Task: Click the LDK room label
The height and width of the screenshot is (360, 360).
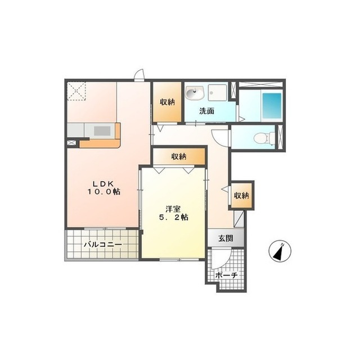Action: (x=103, y=183)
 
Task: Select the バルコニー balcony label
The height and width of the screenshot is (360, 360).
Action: (x=102, y=245)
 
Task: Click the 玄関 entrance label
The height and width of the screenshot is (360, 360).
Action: (x=226, y=238)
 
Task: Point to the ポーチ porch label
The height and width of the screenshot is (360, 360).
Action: (x=226, y=275)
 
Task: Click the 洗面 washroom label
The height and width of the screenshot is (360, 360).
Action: (x=206, y=111)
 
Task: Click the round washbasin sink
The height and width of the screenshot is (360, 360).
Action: (x=195, y=93)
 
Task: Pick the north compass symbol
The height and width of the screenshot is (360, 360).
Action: (x=280, y=251)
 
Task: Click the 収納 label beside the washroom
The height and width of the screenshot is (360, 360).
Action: (x=168, y=102)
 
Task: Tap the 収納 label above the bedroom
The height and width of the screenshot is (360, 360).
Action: (x=179, y=156)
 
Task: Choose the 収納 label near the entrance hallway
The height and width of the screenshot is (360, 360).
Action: (x=241, y=196)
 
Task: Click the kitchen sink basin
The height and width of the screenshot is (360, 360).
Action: (x=102, y=131)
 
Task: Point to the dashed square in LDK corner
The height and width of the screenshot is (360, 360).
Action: (x=76, y=91)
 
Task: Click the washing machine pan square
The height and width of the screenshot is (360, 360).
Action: (x=218, y=92)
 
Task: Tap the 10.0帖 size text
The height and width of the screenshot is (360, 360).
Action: (x=103, y=191)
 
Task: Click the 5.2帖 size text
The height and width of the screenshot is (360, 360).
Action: (x=174, y=218)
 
